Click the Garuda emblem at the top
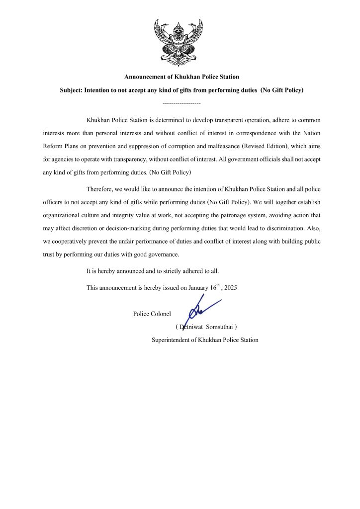tap(179, 38)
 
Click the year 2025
tap(230, 288)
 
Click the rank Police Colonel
tap(152, 314)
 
